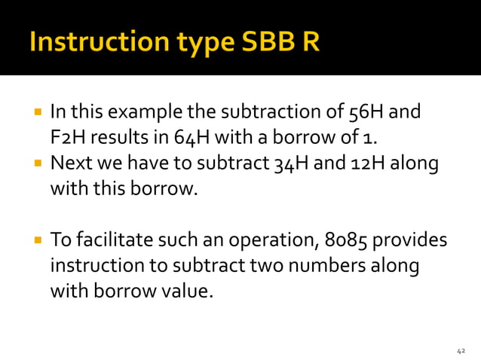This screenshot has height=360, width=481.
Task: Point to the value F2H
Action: click(66, 139)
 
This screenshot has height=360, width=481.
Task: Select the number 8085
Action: click(349, 241)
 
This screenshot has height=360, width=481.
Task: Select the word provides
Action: click(411, 241)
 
